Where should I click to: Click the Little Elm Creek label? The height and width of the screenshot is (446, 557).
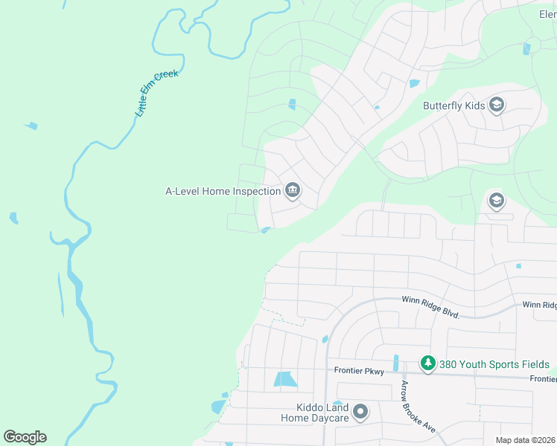click(x=157, y=94)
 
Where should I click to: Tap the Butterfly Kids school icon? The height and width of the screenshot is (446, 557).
click(x=497, y=106)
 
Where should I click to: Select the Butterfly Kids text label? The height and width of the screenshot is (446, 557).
click(x=454, y=106)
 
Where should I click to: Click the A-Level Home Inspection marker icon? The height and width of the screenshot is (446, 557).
click(x=292, y=191)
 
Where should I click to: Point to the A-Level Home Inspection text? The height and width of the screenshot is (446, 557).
click(x=223, y=191)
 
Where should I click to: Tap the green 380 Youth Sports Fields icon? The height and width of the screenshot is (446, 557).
click(x=427, y=364)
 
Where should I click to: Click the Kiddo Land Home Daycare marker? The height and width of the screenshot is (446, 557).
click(x=360, y=411)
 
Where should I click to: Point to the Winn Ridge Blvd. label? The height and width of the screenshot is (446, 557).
click(x=431, y=305)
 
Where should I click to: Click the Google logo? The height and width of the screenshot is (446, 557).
click(x=25, y=437)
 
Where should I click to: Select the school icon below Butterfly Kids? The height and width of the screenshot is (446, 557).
click(x=496, y=201)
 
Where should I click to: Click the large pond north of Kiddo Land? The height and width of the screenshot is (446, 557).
click(x=284, y=379)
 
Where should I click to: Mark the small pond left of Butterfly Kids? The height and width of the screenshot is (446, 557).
click(x=414, y=83)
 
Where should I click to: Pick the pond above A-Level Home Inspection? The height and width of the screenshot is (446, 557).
click(x=292, y=104)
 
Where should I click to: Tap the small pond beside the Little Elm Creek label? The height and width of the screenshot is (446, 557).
click(x=31, y=126)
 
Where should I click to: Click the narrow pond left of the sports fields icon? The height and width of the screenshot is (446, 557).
click(x=395, y=363)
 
